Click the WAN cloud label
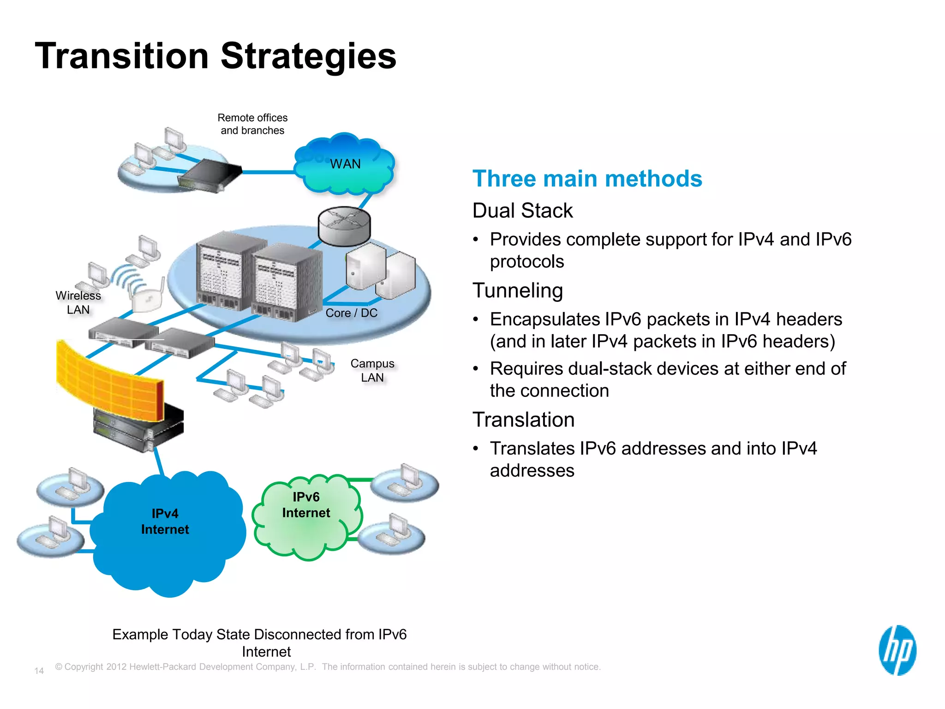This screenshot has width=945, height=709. pos(345,164)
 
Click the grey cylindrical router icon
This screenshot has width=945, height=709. pos(344,227)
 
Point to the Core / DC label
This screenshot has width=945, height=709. pos(351,313)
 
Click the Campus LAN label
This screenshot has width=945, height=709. pos(372,371)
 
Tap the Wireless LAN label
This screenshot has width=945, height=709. pos(78,303)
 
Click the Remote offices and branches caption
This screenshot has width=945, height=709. pos(252,124)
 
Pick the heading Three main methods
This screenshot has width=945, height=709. pos(587,179)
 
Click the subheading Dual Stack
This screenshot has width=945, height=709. pos(522,211)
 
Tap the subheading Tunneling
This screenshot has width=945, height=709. pos(518,291)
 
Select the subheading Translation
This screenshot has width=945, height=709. pos(523,420)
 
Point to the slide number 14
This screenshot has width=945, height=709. pos(39,671)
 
